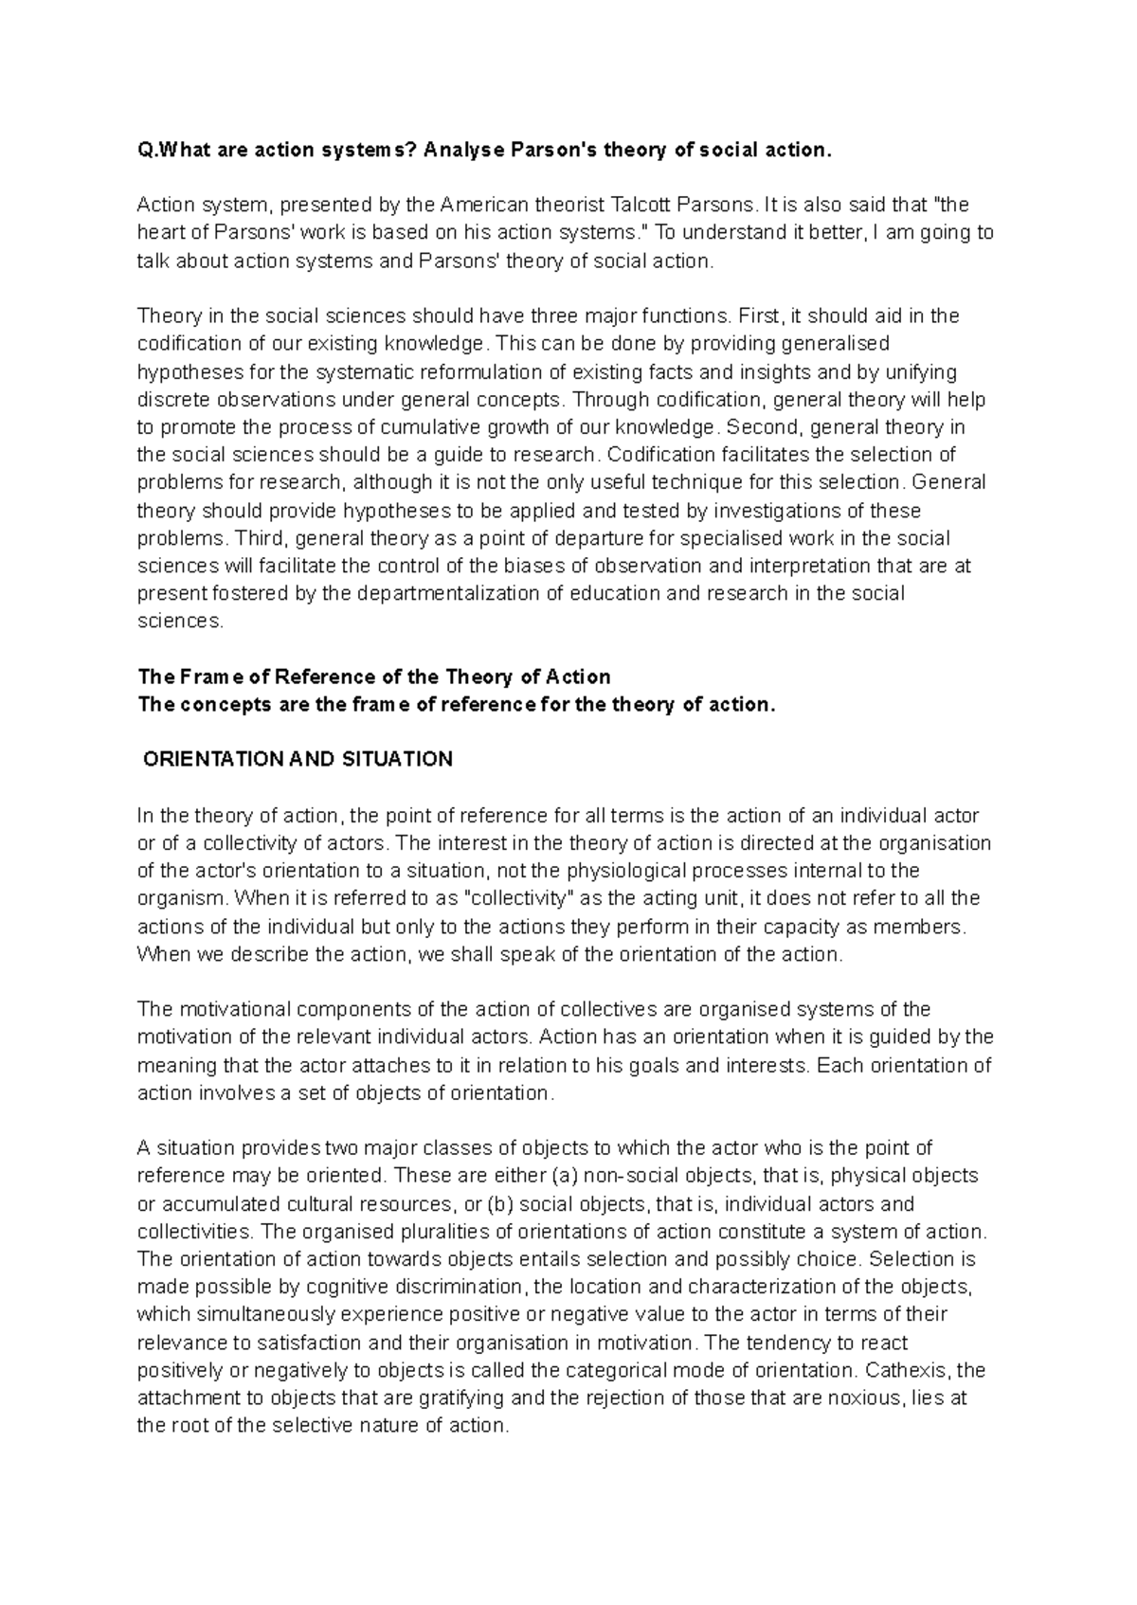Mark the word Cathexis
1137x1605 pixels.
tap(910, 1370)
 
